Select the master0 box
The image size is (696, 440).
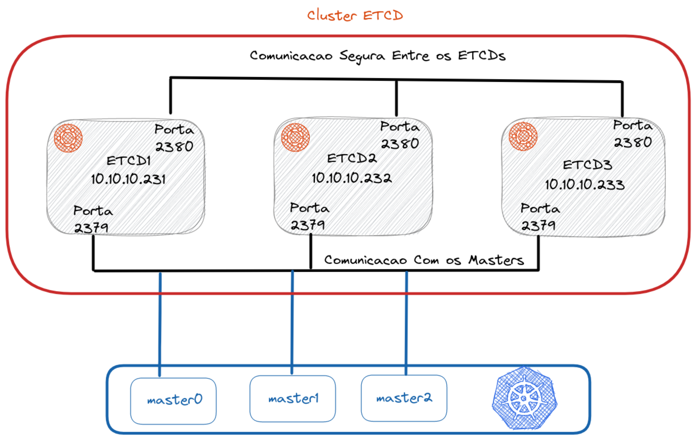coord(173,401)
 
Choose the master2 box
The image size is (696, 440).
coord(404,398)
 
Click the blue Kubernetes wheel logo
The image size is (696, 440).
coord(524,398)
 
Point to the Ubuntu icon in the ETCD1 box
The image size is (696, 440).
coord(68,138)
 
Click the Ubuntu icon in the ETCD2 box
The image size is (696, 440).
coord(295,137)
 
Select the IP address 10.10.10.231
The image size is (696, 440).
coord(128,179)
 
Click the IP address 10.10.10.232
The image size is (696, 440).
coord(352,178)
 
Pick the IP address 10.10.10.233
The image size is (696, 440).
coord(585,184)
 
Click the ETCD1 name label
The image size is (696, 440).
coord(129,161)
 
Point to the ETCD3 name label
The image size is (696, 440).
coord(587,165)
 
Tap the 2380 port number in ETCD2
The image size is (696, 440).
coord(400,144)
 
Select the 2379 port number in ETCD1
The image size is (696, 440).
coord(91,228)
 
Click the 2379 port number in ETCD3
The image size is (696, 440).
coord(538,225)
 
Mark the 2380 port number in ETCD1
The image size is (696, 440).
coord(174,147)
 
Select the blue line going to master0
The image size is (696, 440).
coord(160,324)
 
